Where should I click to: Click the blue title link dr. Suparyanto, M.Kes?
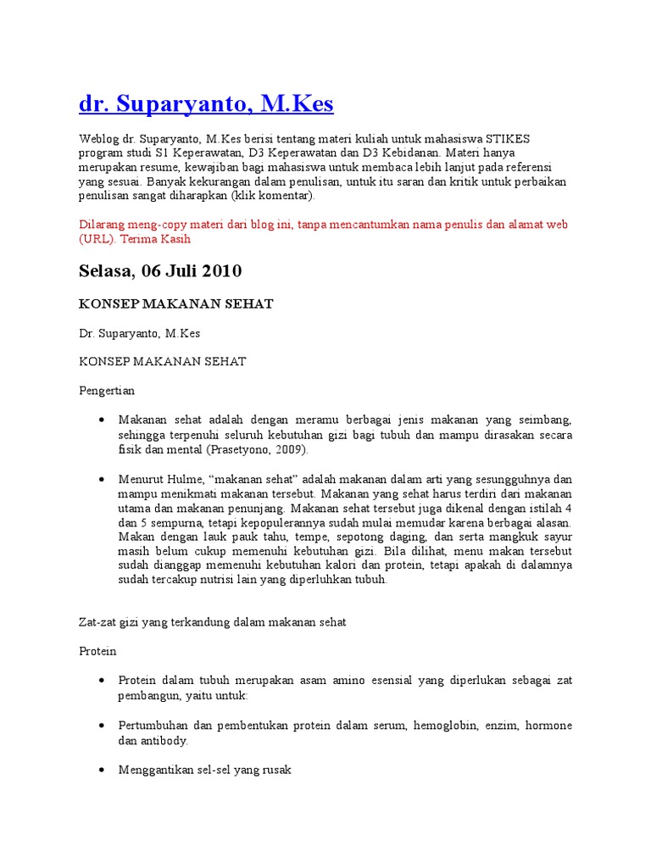(206, 103)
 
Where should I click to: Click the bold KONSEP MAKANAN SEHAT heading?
(176, 303)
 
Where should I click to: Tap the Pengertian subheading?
(107, 391)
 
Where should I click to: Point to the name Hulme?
(183, 479)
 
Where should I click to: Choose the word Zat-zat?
(99, 622)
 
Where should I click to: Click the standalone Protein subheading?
(97, 651)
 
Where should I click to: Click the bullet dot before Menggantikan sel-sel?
(102, 770)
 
